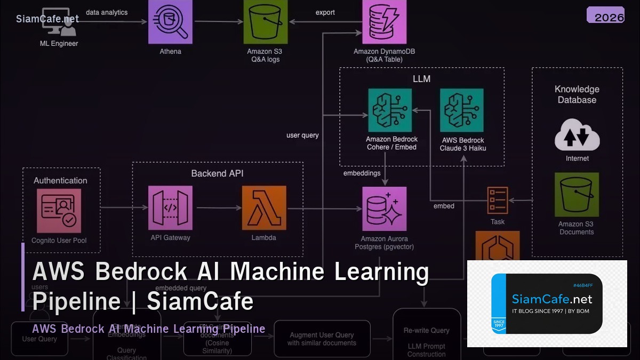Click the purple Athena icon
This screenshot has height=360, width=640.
click(x=170, y=21)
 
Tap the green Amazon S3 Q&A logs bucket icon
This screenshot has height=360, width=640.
click(x=266, y=21)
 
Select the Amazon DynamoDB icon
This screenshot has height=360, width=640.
click(x=384, y=21)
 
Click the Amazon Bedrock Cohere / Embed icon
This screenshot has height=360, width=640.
click(x=390, y=110)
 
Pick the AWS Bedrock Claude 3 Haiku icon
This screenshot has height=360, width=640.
click(x=462, y=110)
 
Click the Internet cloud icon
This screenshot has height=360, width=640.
click(x=577, y=135)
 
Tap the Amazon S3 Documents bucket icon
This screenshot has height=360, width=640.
click(x=577, y=194)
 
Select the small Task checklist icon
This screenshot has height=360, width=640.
click(x=497, y=201)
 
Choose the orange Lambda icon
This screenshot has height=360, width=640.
click(x=264, y=208)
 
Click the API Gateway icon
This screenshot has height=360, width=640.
click(x=170, y=208)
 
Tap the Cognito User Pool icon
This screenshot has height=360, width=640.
click(x=59, y=211)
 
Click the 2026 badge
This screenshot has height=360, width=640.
click(x=605, y=16)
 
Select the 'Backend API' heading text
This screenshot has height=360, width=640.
click(x=217, y=174)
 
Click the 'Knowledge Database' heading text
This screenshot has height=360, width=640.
click(x=577, y=94)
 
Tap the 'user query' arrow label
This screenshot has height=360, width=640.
click(x=302, y=135)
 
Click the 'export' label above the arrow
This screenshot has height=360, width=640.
click(x=325, y=12)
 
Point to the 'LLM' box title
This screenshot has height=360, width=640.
click(x=421, y=79)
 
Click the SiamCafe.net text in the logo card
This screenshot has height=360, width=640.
click(x=551, y=299)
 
